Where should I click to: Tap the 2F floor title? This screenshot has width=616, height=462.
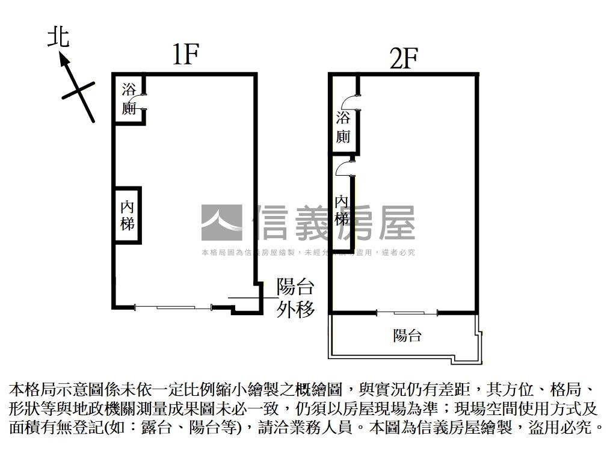pyautogui.click(x=403, y=58)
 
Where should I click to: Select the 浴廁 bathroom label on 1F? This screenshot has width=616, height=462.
pyautogui.click(x=129, y=99)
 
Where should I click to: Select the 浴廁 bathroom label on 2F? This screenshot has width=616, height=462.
pyautogui.click(x=343, y=127)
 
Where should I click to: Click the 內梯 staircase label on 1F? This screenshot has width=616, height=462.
pyautogui.click(x=128, y=215)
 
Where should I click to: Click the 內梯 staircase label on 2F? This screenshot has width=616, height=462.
pyautogui.click(x=342, y=209)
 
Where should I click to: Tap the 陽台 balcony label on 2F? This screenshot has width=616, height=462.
pyautogui.click(x=407, y=336)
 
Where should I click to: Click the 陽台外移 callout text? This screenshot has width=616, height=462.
pyautogui.click(x=295, y=298)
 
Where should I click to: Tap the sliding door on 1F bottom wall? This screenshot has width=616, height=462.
pyautogui.click(x=173, y=307)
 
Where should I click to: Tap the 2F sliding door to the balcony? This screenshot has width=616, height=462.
pyautogui.click(x=407, y=312)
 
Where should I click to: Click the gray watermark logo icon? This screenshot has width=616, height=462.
pyautogui.click(x=221, y=223)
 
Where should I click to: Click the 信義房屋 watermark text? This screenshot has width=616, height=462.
pyautogui.click(x=335, y=223)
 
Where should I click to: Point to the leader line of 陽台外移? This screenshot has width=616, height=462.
pyautogui.click(x=250, y=298)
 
